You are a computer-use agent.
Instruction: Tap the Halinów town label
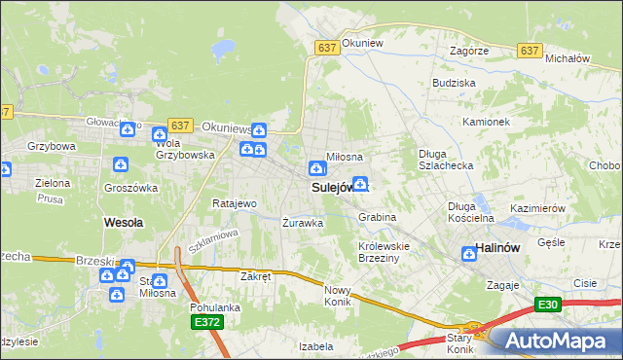coord(501,249)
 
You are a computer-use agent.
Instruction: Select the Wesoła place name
coord(123,222)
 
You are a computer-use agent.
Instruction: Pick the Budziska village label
coord(454,84)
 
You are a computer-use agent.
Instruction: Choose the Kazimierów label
coord(538,209)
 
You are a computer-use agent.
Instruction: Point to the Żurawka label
coord(302,222)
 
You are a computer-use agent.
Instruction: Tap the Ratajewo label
coord(234,204)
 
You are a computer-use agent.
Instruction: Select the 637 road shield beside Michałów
coord(531,51)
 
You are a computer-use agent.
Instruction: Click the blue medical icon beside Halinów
coord(468,253)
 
